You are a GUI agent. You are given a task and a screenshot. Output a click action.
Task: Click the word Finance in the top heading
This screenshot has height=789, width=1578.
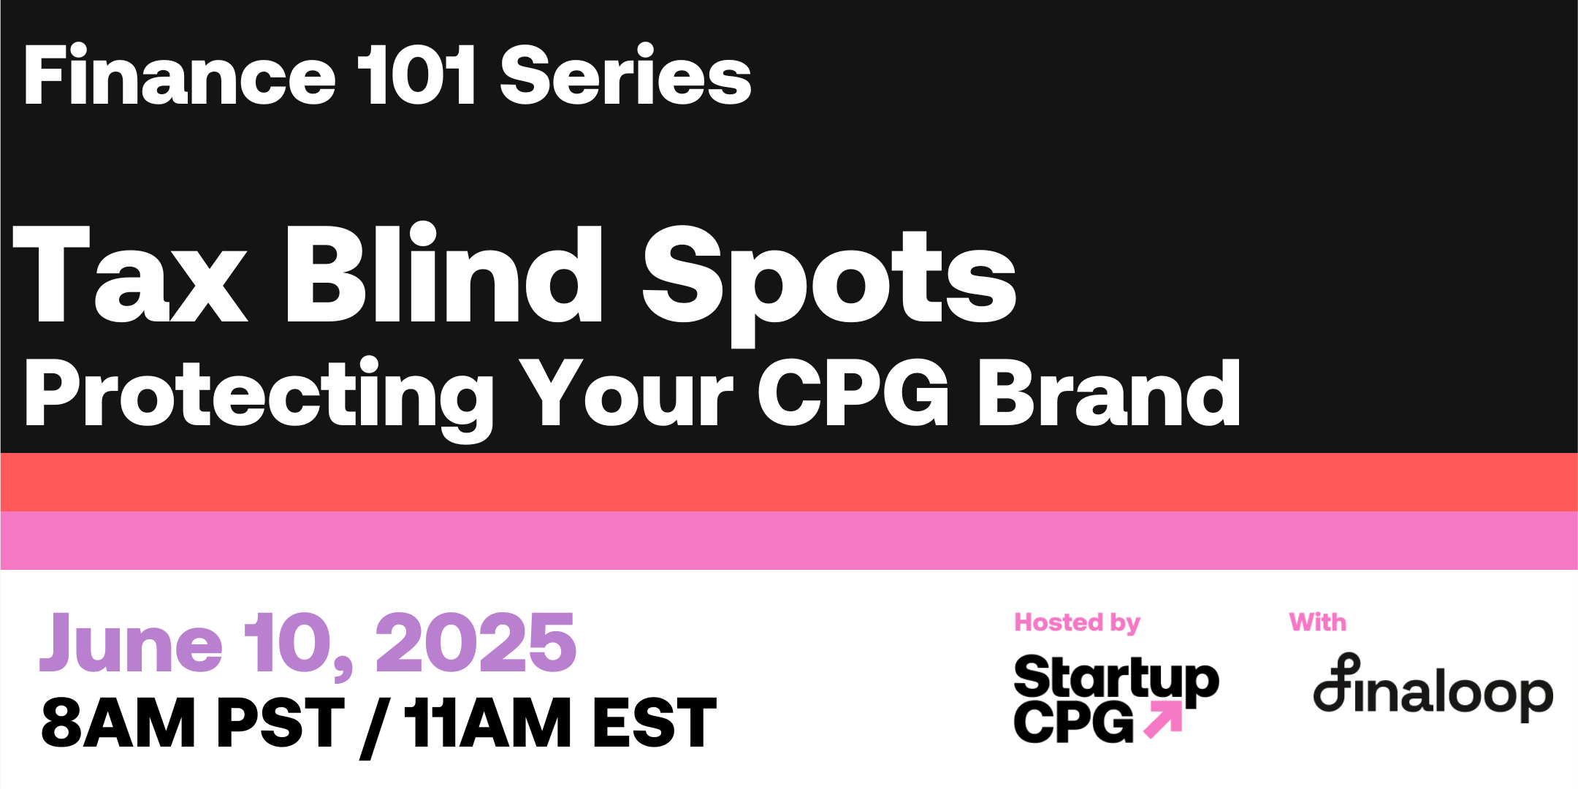point(180,75)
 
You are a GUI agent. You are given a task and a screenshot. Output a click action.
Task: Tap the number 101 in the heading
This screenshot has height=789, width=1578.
point(416,75)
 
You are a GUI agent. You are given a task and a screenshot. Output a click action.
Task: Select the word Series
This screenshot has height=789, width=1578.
point(626,75)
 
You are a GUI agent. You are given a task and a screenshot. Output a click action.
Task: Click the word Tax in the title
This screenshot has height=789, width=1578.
point(130,274)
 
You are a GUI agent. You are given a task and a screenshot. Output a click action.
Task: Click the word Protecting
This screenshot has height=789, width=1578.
point(259,398)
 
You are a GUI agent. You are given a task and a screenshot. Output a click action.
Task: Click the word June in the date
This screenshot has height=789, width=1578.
point(131,643)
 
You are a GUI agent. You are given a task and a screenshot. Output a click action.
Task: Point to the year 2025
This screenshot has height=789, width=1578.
point(476,643)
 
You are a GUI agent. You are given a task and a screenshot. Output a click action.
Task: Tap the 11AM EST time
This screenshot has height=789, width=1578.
point(561,723)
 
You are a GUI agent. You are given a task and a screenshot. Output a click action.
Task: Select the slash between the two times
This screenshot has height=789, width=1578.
point(373,728)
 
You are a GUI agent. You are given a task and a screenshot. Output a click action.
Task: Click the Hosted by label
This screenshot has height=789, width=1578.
point(1078,623)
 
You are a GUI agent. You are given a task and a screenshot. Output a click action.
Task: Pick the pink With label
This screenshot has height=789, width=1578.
point(1318,622)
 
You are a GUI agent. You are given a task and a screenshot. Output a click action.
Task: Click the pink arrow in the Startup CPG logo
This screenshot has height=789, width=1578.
point(1163,720)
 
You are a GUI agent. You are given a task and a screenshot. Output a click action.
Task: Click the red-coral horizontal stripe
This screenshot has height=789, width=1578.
point(789,482)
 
